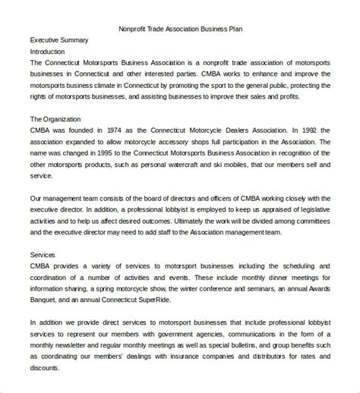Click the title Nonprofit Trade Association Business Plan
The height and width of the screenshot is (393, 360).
(180, 29)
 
